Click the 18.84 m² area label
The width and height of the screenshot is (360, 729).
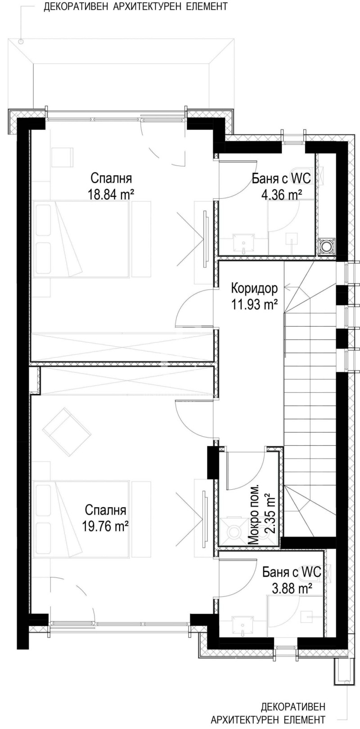[x=112, y=194]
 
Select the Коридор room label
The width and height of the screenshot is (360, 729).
[x=254, y=288]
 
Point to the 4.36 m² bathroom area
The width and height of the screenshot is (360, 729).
[x=281, y=194]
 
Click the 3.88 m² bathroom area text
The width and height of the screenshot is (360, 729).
[x=292, y=587]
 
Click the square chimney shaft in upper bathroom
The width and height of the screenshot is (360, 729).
[x=326, y=246]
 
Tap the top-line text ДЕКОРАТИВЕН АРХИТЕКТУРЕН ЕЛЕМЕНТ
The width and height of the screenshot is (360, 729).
[x=135, y=7]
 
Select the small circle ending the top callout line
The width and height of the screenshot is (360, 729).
[x=21, y=41]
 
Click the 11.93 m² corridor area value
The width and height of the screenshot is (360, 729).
[x=254, y=304]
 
